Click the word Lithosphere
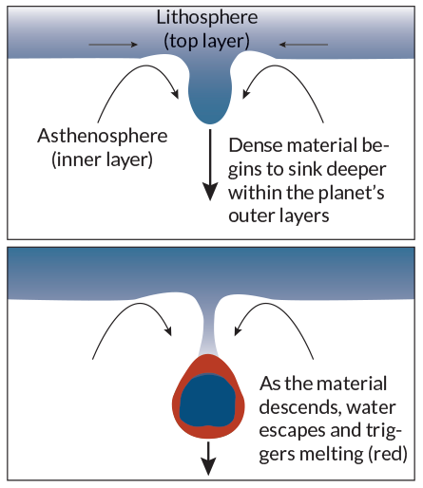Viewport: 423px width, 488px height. click(x=207, y=18)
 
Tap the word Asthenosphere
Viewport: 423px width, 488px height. click(x=103, y=136)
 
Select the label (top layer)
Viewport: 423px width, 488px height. click(x=206, y=41)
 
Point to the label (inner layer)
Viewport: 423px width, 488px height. click(x=102, y=160)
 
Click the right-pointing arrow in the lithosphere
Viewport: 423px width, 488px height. click(x=113, y=45)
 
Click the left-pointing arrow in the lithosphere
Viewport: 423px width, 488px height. click(x=303, y=45)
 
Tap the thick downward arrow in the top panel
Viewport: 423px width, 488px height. click(x=210, y=164)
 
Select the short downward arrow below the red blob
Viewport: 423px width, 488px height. click(x=208, y=459)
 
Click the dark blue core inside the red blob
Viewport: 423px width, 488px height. click(x=208, y=401)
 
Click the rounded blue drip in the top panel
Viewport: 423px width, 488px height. click(x=210, y=95)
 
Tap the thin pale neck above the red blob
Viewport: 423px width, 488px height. click(x=208, y=329)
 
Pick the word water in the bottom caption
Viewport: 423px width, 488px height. click(x=372, y=407)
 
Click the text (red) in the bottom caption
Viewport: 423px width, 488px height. click(x=388, y=454)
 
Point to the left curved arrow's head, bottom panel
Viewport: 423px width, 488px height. click(x=168, y=330)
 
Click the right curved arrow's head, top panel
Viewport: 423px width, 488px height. click(x=246, y=94)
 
